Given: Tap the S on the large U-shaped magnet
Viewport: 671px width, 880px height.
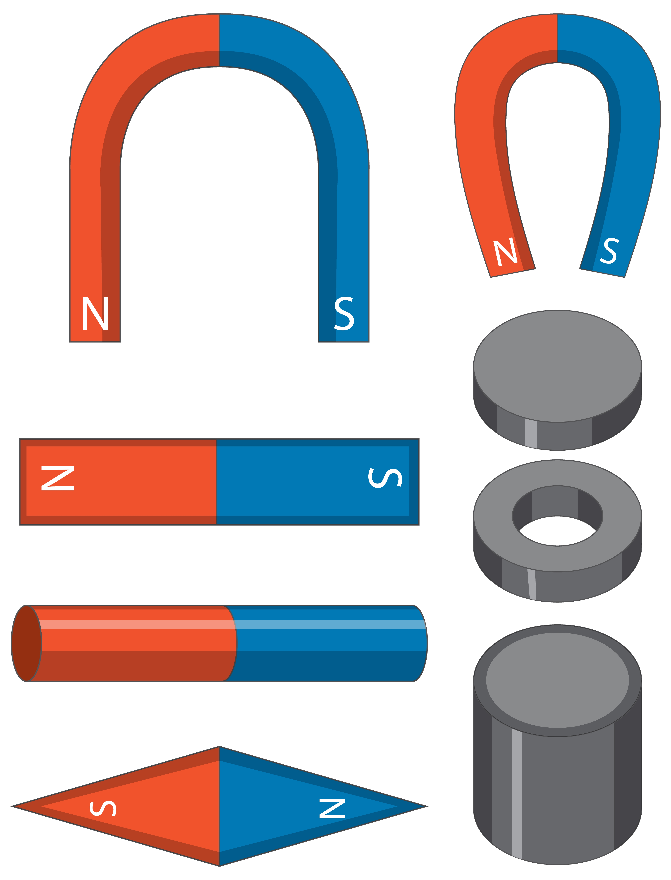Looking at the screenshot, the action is coord(344,314).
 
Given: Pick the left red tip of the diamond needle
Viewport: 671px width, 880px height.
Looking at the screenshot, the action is coord(12,806).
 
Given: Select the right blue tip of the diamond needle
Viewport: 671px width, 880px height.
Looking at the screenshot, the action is coord(427,806).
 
